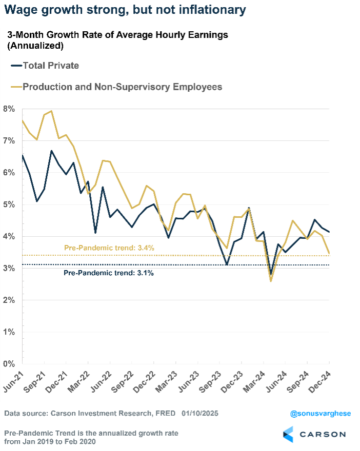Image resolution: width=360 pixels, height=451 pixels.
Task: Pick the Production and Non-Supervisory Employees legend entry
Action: click(x=122, y=87)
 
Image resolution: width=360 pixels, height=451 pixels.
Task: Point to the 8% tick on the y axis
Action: click(x=9, y=109)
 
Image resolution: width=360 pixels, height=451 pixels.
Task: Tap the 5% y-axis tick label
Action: click(x=9, y=205)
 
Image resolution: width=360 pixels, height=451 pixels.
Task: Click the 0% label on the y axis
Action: click(x=9, y=364)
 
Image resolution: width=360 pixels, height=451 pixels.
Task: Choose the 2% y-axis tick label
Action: click(x=9, y=300)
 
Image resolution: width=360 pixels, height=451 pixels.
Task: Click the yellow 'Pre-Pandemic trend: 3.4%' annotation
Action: click(x=109, y=248)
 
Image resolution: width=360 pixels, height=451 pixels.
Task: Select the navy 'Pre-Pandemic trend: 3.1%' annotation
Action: click(x=109, y=273)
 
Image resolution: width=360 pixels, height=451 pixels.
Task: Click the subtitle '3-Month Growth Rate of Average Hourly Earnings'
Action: click(x=117, y=35)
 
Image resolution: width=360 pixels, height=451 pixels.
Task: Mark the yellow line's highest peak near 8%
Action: click(x=51, y=111)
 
